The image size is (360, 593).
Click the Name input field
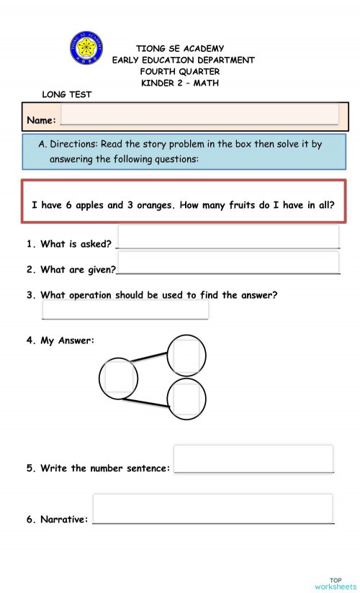pos(199,114)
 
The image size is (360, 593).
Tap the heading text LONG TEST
pos(67,94)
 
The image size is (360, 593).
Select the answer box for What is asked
pos(228,237)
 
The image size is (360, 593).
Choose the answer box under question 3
pos(125,309)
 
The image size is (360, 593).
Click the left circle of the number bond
pos(120,376)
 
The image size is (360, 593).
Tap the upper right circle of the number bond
pos(186,354)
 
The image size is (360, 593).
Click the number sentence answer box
pos(253,458)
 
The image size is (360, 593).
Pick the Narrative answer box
pos(212,508)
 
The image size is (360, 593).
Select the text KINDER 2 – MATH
pos(180,83)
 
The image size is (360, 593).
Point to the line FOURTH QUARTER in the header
pos(180,72)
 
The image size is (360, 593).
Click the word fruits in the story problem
pos(246,205)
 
